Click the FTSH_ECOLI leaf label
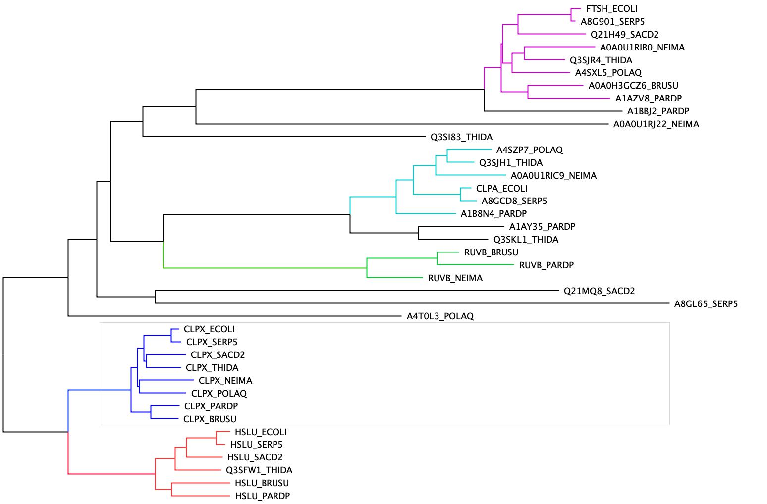coord(611,9)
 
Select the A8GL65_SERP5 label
coord(706,304)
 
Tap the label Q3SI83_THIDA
coord(461,137)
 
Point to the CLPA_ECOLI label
coord(501,189)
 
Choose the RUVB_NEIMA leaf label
coord(455,278)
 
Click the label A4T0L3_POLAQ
coord(440,316)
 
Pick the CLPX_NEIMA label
coord(225,381)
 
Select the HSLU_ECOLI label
coord(261,432)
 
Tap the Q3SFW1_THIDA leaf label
coord(259,470)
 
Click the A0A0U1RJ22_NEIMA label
coord(656,124)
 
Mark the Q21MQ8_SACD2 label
coord(599,291)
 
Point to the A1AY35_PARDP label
coord(542,227)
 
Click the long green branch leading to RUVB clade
coord(265,268)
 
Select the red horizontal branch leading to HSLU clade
coord(111,474)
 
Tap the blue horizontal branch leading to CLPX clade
coord(100,390)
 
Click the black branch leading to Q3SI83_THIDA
coord(284,137)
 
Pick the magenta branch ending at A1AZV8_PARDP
coord(569,98)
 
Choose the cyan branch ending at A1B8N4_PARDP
coord(426,214)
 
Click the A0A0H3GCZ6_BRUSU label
coord(633,86)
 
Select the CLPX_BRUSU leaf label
coord(210,419)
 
